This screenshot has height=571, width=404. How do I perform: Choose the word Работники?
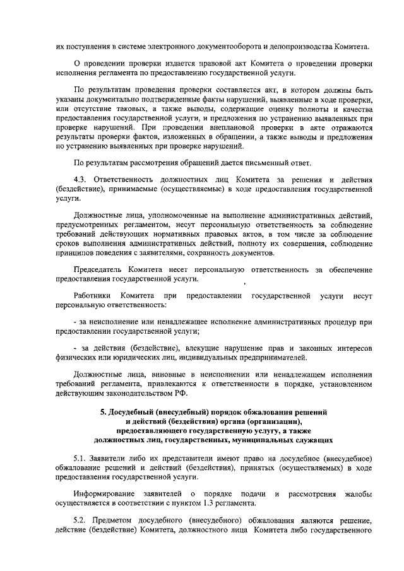coord(92,295)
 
